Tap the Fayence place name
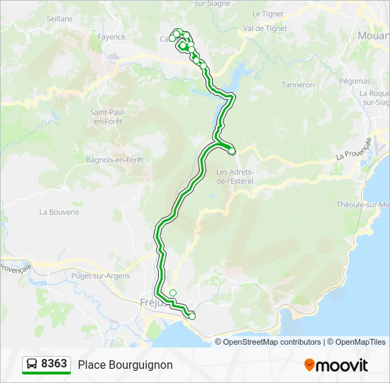111,37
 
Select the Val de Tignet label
264,28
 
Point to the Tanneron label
298,84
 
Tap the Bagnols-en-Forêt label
115,160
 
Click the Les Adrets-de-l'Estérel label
235,176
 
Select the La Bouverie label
60,211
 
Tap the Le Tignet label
268,13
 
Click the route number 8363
54,364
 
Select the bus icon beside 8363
33,364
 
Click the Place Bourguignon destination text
125,365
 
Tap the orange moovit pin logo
309,365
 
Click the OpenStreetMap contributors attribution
272,342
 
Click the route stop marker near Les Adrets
231,150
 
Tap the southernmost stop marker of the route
191,316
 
